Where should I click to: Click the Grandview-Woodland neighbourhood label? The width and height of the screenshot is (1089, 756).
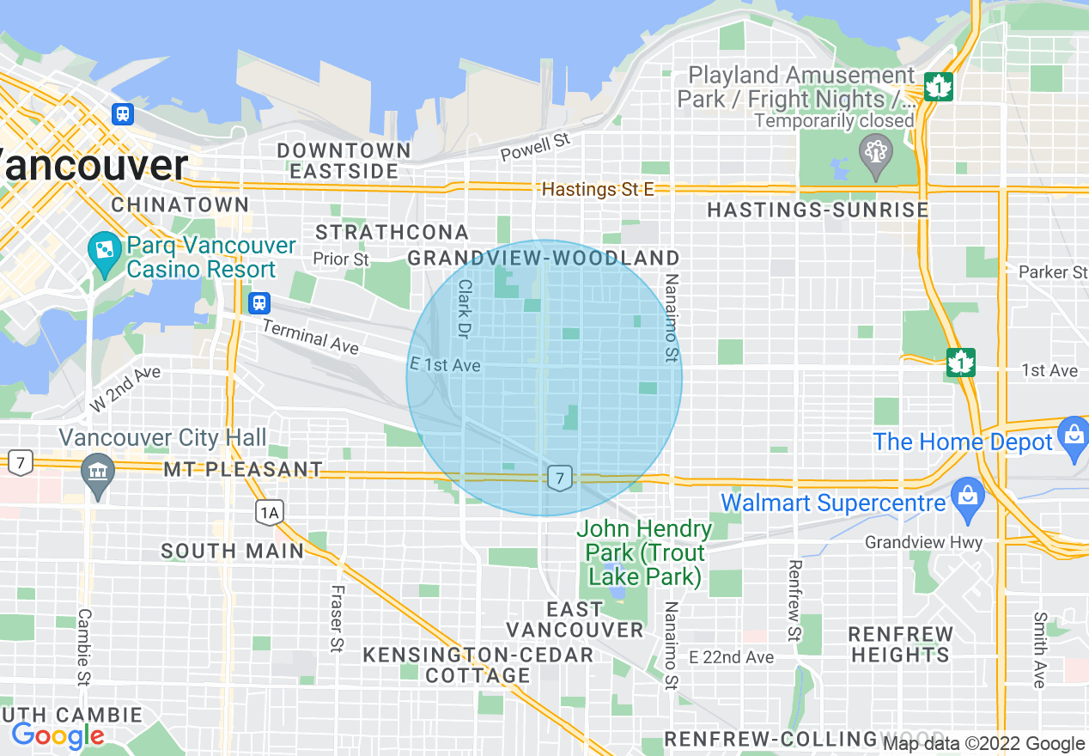coord(543,258)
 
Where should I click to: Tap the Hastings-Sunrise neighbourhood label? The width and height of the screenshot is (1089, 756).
coord(817,210)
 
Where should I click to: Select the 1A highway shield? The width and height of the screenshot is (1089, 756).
coord(269,514)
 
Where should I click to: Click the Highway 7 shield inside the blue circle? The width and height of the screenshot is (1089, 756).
coord(559,478)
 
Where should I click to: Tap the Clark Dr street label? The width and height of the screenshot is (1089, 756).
coord(465,308)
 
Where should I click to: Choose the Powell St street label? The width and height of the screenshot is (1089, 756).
coord(535,147)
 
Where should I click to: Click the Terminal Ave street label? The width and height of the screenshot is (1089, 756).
coord(310,336)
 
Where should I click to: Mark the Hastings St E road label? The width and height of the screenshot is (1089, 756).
coord(598,189)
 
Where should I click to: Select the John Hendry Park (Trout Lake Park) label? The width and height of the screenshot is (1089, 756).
coord(644,552)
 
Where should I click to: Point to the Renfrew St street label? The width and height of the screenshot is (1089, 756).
coord(794,601)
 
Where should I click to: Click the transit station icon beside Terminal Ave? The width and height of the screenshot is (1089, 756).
coord(259,303)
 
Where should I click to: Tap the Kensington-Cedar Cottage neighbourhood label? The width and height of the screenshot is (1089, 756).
coord(478,665)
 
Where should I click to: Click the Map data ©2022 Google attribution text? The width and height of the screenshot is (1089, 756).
coord(984,744)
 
